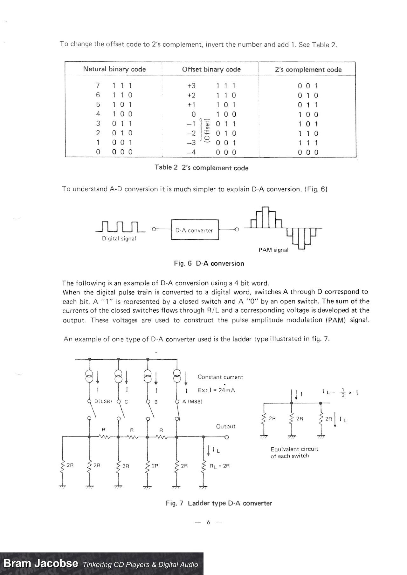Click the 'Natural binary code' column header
[x=114, y=69]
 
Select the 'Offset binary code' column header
[x=211, y=69]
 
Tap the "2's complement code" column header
[x=308, y=70]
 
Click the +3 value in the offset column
[x=191, y=86]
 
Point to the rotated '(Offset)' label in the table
[x=207, y=130]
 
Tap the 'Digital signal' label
[x=119, y=239]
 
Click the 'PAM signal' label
[x=273, y=250]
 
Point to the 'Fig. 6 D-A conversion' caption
[x=209, y=263]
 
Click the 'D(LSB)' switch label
[x=103, y=402]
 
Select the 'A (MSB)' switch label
[x=192, y=402]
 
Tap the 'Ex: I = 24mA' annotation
[x=216, y=390]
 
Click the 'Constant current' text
[x=220, y=377]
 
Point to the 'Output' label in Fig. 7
[x=226, y=426]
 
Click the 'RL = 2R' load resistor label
[x=219, y=466]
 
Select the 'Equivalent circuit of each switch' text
[x=294, y=452]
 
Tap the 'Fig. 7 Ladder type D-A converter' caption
[x=219, y=503]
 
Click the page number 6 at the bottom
[x=209, y=522]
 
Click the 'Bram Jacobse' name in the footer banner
[x=41, y=564]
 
